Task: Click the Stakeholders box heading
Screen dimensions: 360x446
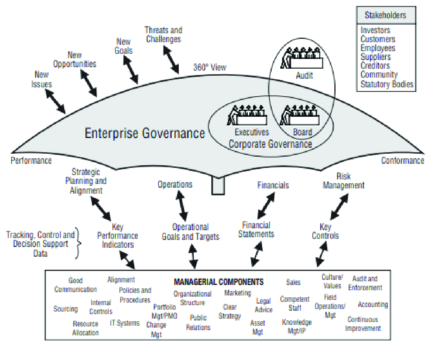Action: click(x=386, y=16)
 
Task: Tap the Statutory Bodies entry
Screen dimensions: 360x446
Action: click(x=387, y=84)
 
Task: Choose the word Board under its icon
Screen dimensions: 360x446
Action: click(x=302, y=132)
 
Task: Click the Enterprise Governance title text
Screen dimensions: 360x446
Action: click(x=145, y=133)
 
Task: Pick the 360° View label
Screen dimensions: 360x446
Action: click(x=209, y=68)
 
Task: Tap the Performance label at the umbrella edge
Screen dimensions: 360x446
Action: click(x=31, y=161)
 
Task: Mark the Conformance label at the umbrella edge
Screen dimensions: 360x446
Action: click(x=402, y=160)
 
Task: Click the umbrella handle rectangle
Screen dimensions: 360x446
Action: click(x=218, y=185)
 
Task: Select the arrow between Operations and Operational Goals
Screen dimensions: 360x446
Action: click(x=183, y=206)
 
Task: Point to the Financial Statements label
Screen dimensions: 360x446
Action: click(x=256, y=229)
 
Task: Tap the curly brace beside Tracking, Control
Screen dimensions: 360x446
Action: click(x=78, y=243)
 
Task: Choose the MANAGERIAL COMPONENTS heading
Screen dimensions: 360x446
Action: click(x=219, y=282)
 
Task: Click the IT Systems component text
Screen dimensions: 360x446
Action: click(x=125, y=323)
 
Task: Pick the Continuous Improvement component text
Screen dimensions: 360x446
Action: click(x=363, y=324)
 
